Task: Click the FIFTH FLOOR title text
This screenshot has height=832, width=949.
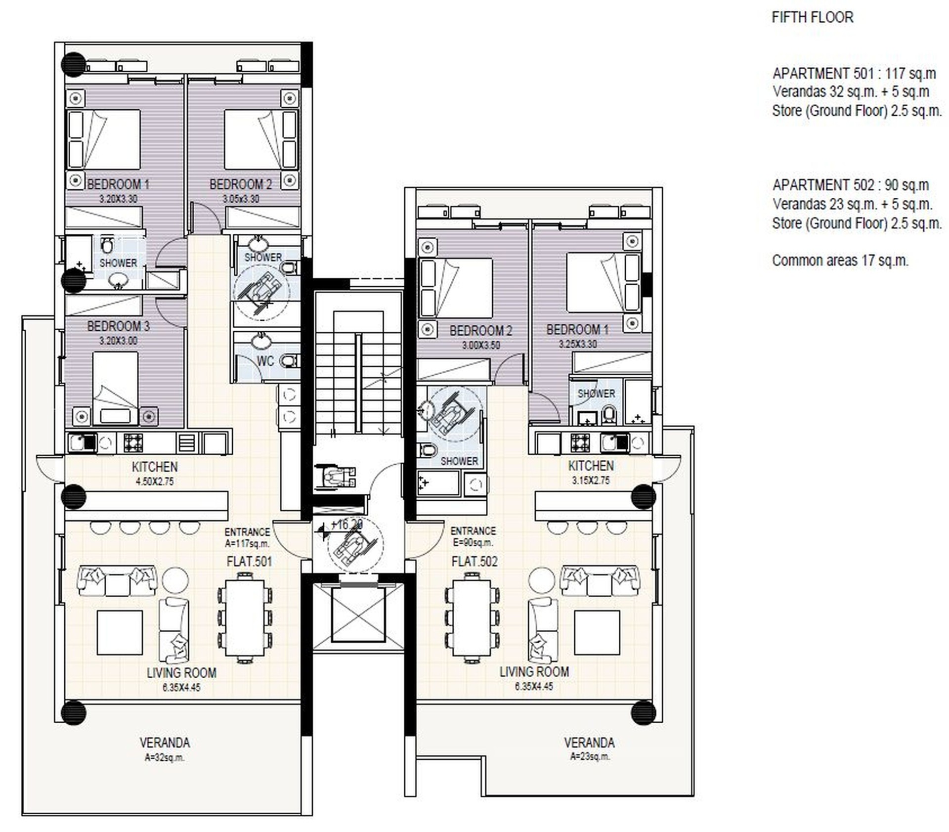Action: point(812,17)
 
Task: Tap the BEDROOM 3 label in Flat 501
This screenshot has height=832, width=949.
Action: point(118,326)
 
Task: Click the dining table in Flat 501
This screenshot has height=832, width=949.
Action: point(245,617)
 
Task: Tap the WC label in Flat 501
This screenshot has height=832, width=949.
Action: point(265,361)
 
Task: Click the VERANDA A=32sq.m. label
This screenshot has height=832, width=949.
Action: point(165,749)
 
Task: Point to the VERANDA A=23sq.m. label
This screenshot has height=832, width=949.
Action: point(590,749)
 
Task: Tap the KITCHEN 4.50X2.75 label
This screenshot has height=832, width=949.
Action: point(155,473)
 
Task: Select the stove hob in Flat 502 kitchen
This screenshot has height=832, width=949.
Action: point(580,442)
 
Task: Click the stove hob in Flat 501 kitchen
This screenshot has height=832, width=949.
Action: point(133,442)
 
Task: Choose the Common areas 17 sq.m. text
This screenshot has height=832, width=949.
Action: point(840,261)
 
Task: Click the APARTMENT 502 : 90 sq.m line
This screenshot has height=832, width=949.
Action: point(851,185)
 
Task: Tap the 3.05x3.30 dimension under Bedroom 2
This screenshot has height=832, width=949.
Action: point(241,199)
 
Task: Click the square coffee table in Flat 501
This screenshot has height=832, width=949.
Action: point(120,632)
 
